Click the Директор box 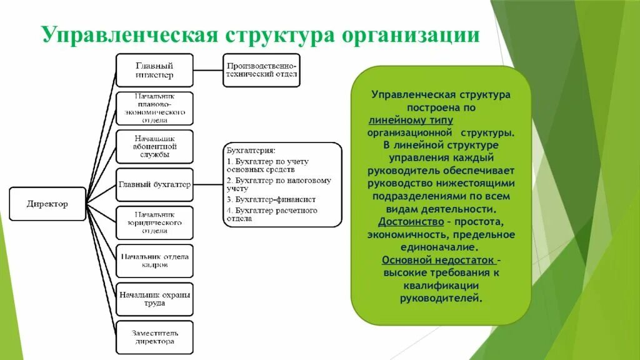coord(47,204)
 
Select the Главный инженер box coord(154,70)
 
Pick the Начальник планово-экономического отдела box coord(154,108)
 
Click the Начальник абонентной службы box coord(154,146)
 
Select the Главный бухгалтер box coord(154,185)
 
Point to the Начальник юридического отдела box coord(154,223)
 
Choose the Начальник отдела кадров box coord(154,261)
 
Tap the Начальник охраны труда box coord(154,299)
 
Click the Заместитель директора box coord(154,337)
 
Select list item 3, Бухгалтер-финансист coord(271,199)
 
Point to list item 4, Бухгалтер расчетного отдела coord(271,214)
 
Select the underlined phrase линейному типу coord(411,120)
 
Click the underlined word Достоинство coord(407,222)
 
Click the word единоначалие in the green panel coord(441,247)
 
